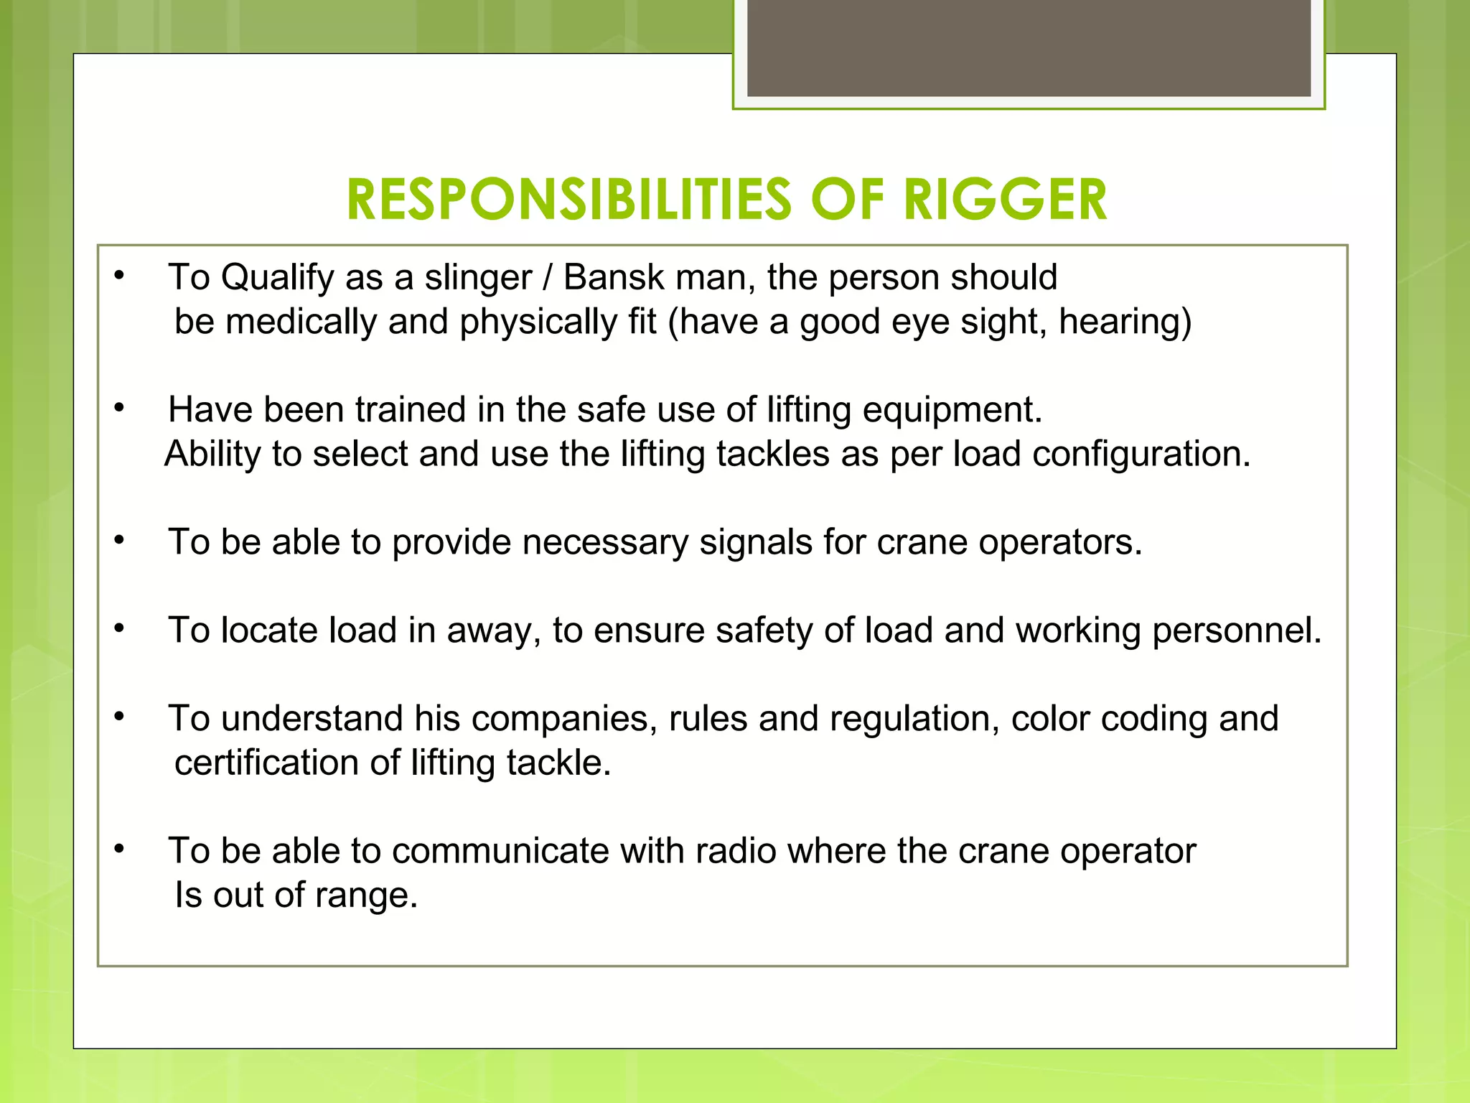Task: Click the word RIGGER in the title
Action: pos(1005,200)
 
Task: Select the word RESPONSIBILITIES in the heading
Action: pos(568,200)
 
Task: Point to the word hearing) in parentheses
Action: pos(1125,322)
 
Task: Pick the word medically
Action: pos(301,322)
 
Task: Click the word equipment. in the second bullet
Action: pos(952,411)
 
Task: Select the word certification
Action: pos(266,763)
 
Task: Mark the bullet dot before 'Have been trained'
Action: pos(120,409)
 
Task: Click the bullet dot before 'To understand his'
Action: pos(120,717)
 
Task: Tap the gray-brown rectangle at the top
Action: pos(1029,47)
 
